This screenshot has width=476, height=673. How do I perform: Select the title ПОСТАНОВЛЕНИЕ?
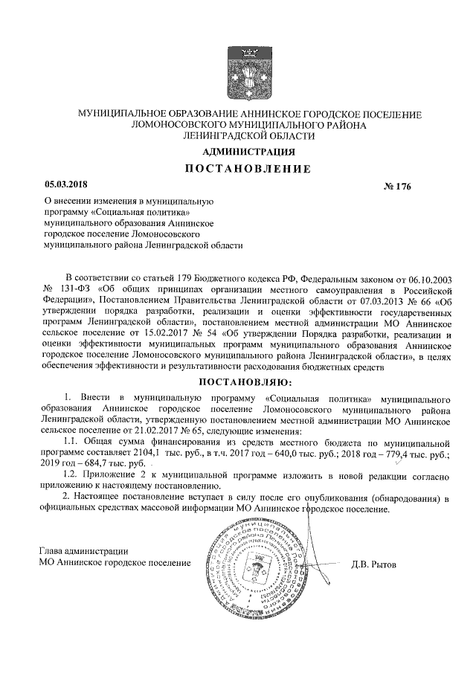pos(248,169)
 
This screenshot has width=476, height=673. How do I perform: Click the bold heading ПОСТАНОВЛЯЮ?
pos(248,382)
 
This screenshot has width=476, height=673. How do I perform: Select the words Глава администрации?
pos(83,551)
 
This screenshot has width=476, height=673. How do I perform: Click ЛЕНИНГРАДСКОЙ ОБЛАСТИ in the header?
pos(249,135)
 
